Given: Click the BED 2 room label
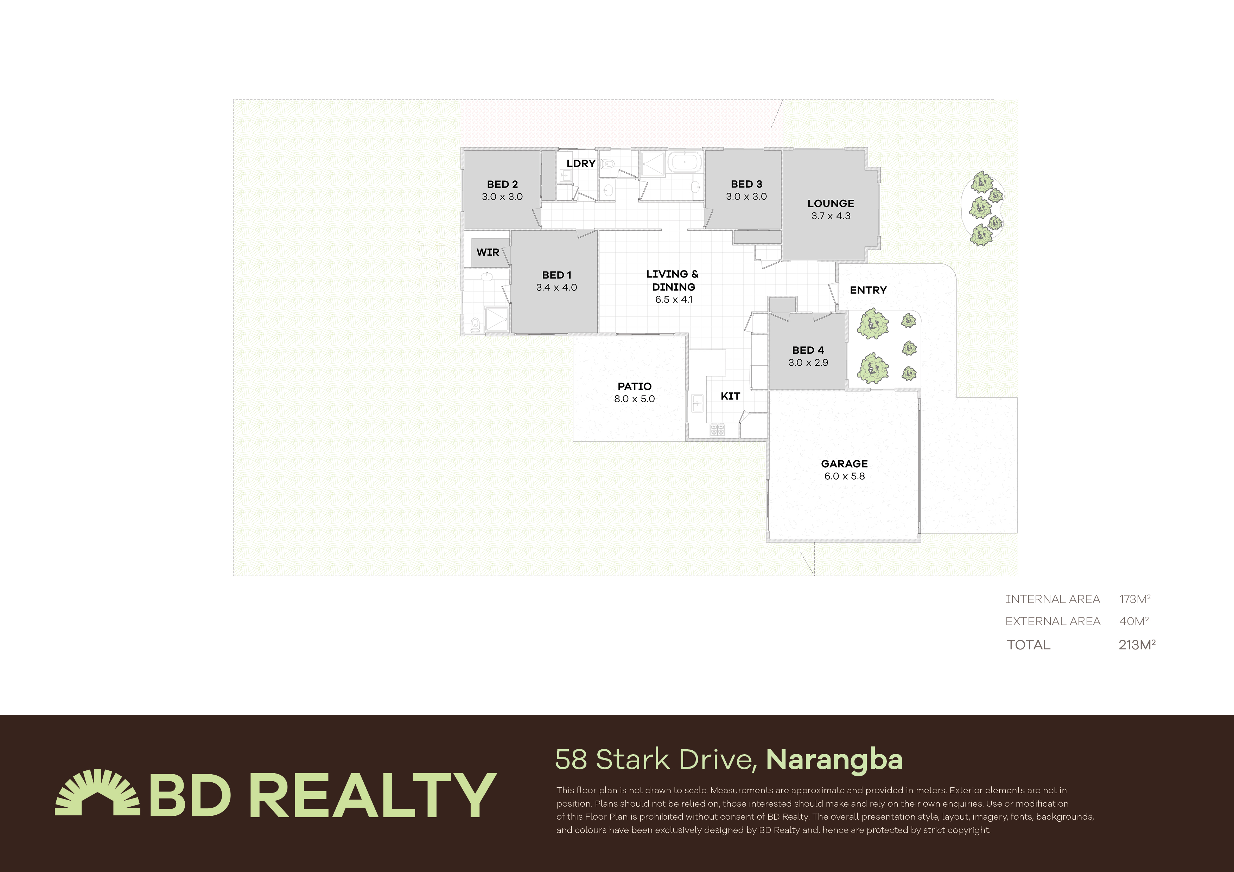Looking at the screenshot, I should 502,184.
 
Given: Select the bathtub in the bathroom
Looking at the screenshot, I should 684,162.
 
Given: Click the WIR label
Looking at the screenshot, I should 488,252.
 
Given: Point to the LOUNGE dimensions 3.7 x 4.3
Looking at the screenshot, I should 831,216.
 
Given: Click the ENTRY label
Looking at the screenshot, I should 868,290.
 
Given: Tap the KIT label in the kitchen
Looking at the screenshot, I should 730,396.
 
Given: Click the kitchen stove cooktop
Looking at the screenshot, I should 717,430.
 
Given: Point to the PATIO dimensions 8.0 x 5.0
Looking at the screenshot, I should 634,399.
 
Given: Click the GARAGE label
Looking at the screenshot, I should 844,464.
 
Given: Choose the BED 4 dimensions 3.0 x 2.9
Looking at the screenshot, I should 808,363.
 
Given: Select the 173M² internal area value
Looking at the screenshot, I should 1134,599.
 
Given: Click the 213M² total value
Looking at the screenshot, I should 1137,645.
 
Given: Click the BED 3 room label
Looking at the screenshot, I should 746,184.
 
